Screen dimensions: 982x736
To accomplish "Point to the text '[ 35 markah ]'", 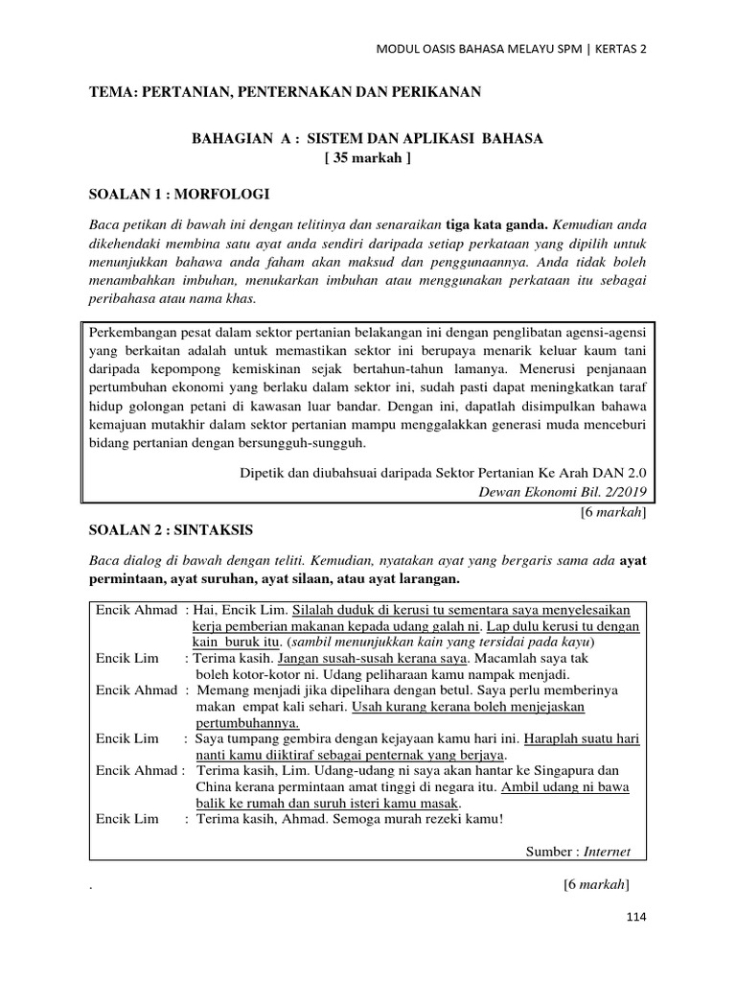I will click(x=368, y=158).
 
